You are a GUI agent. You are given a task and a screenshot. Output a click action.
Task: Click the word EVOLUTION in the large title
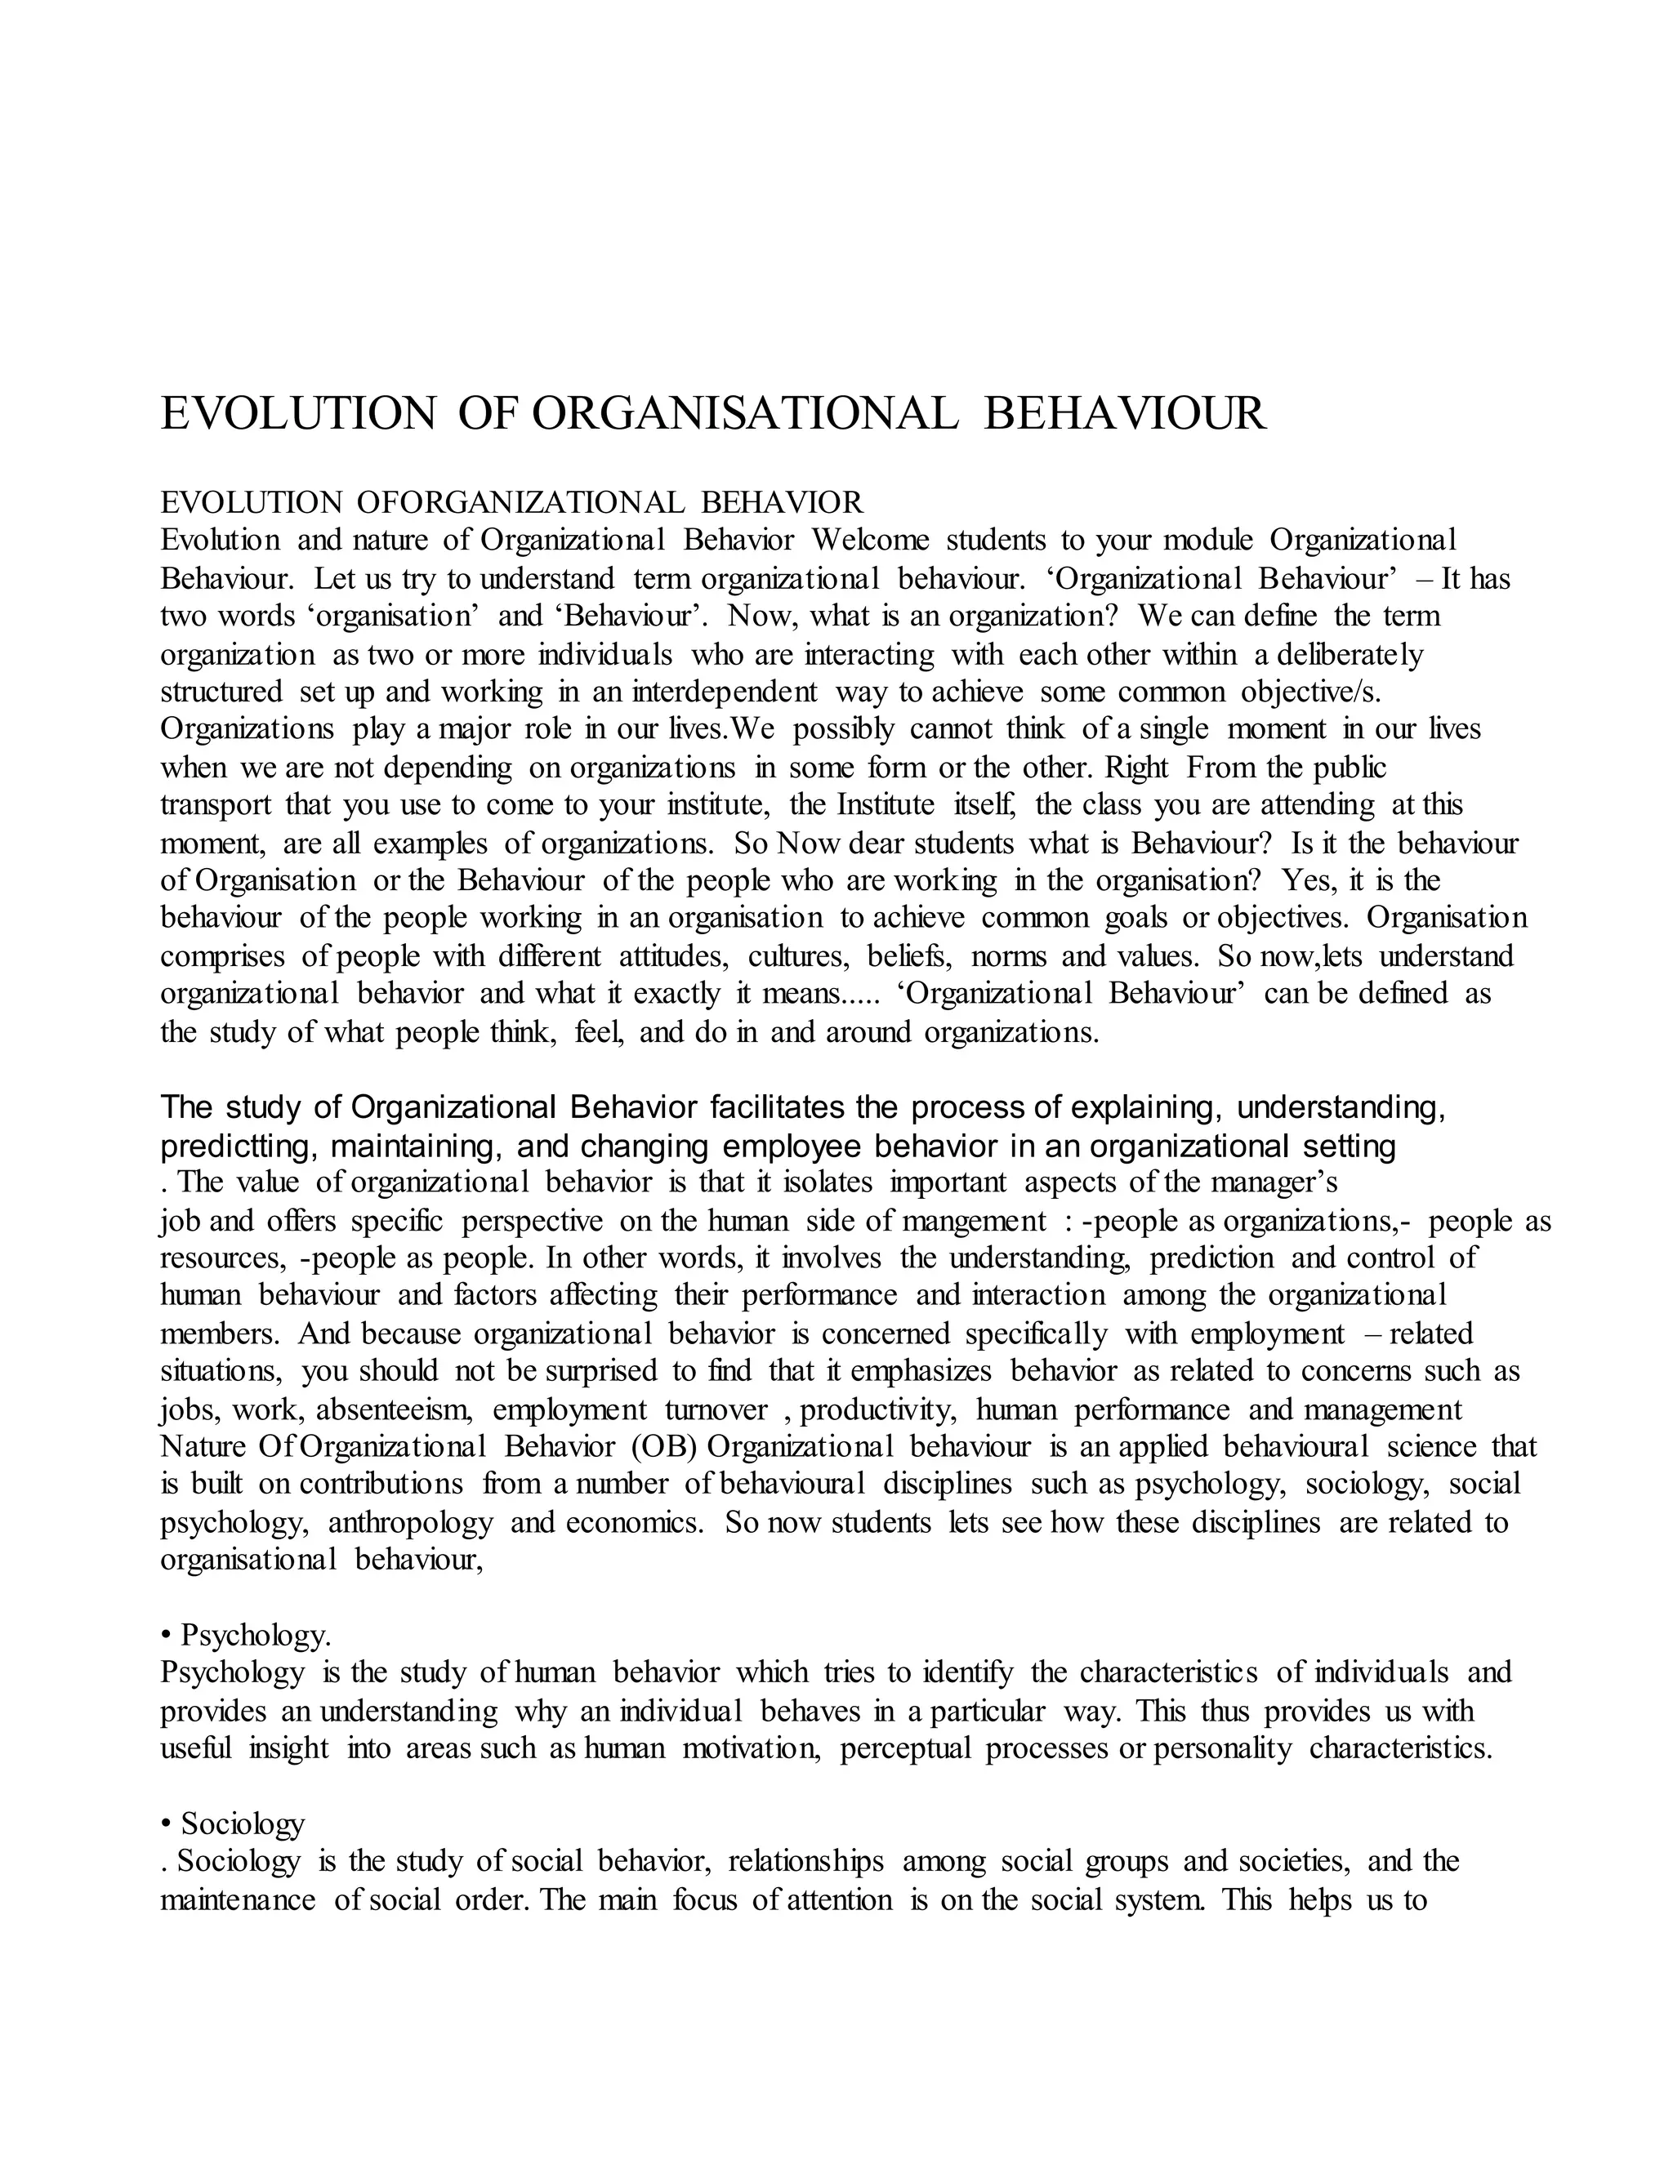pos(297,413)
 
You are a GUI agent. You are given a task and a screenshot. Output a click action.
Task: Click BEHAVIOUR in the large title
pos(1125,413)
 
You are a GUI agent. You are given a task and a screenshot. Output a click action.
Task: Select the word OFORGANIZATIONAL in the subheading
pos(520,502)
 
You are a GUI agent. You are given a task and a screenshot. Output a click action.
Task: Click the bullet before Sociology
pos(166,1825)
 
